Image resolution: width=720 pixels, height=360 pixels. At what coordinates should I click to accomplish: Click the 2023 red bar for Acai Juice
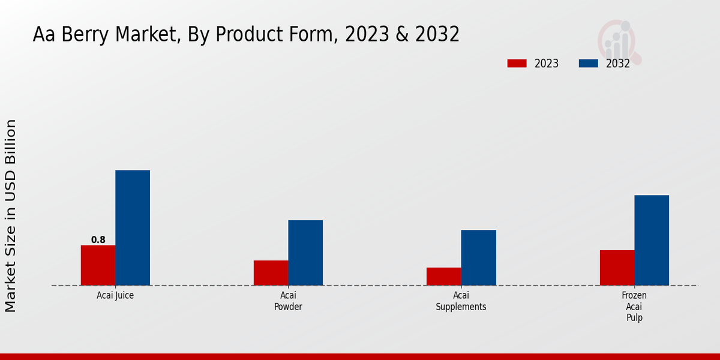coord(98,265)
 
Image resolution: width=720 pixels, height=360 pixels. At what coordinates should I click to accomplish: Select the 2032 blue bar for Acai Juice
coord(133,228)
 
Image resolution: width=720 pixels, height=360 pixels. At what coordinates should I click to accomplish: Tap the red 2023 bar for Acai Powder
coord(271,273)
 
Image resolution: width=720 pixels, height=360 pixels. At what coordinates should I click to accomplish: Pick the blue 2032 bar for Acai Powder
coord(305,253)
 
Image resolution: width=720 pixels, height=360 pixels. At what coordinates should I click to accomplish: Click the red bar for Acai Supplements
coord(444,277)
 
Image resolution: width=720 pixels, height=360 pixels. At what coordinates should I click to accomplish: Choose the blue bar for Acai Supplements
coord(479,257)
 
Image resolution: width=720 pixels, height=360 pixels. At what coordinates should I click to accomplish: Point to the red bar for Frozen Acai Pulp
coord(617,268)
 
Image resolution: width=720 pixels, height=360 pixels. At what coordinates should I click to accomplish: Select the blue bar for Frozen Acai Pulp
coord(652,240)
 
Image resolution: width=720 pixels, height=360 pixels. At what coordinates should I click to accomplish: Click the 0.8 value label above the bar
coord(98,240)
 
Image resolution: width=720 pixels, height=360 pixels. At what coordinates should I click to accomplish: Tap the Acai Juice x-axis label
coord(115,296)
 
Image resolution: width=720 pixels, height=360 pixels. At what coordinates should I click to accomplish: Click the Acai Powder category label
coord(288,301)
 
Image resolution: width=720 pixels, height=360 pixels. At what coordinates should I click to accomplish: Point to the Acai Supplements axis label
coord(461,301)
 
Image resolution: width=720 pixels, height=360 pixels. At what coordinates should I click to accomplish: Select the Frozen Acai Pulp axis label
coord(634,307)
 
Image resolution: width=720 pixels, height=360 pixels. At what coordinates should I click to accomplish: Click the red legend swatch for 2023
coord(517,64)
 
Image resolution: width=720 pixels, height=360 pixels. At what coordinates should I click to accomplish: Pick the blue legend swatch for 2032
coord(588,64)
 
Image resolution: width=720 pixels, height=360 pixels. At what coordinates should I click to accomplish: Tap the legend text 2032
coord(617,64)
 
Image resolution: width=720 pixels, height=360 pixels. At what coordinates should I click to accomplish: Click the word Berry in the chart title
coord(92,35)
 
